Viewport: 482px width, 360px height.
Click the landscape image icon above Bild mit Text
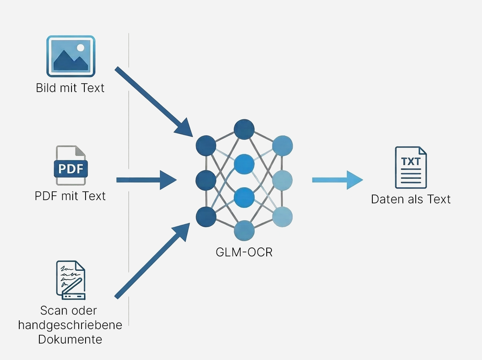click(x=71, y=56)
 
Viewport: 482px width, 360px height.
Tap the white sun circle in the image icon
click(x=81, y=47)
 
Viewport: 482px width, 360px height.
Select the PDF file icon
click(x=71, y=166)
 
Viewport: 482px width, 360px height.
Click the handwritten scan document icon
click(x=70, y=280)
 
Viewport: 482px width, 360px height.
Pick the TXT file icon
click(x=411, y=167)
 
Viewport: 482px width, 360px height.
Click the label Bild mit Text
click(x=70, y=88)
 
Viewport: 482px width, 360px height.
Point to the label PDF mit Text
click(x=70, y=196)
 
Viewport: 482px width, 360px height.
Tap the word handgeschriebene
click(x=70, y=325)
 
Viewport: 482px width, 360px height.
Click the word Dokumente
click(x=70, y=339)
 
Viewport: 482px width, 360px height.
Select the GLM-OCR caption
click(x=244, y=253)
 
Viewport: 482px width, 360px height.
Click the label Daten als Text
click(x=411, y=199)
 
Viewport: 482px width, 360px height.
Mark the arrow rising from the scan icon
click(x=152, y=262)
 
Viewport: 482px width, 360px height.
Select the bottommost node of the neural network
click(x=244, y=231)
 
